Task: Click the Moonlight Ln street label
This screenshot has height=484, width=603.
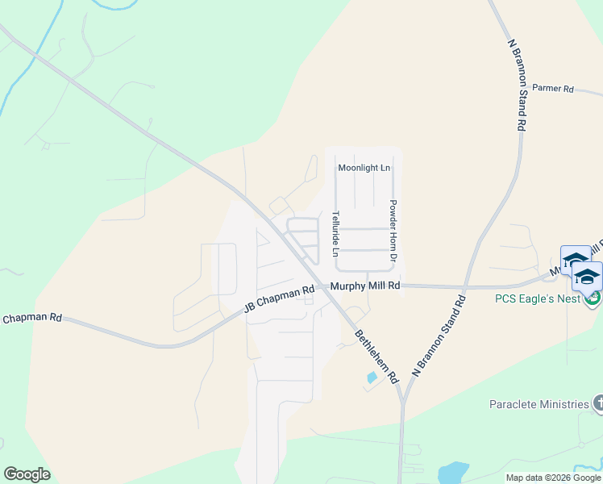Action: [x=364, y=168]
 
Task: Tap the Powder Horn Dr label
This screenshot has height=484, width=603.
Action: [x=393, y=232]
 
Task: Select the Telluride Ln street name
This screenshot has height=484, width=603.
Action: [x=335, y=234]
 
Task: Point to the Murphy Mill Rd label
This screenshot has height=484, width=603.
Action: [x=364, y=286]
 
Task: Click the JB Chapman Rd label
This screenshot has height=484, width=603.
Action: [x=278, y=299]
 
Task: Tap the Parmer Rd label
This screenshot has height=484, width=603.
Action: [x=552, y=89]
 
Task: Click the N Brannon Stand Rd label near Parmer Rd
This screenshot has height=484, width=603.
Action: [x=518, y=85]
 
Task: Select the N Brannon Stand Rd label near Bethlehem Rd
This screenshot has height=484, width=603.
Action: [x=439, y=336]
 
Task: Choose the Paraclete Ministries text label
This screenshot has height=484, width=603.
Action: [x=539, y=403]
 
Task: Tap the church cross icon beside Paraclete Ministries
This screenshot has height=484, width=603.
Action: [x=597, y=403]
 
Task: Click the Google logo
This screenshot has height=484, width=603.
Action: [x=27, y=474]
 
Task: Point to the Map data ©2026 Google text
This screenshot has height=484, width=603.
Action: [x=553, y=478]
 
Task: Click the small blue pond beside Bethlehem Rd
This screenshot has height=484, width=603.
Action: [x=372, y=377]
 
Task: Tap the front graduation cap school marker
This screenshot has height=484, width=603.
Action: [x=588, y=276]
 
